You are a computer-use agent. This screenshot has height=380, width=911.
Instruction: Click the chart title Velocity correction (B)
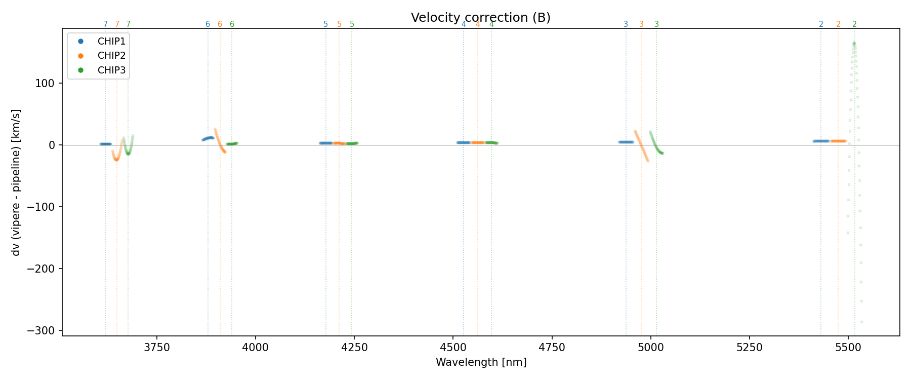(x=480, y=18)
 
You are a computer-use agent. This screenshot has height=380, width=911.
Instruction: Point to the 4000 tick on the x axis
(x=256, y=347)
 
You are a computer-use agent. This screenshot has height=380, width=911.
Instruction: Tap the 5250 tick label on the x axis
(x=750, y=347)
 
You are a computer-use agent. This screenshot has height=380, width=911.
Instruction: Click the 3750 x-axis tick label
(x=157, y=347)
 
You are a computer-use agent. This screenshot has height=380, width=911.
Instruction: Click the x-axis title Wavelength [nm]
(x=481, y=362)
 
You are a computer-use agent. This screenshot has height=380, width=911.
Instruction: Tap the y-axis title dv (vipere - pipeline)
(x=16, y=182)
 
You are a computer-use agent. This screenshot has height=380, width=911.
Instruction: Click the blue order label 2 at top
(x=821, y=24)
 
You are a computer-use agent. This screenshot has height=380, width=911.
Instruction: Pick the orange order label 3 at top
(x=641, y=24)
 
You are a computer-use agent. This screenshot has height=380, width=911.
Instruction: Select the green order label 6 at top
(x=232, y=24)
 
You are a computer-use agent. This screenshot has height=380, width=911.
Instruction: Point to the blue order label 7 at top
(x=105, y=24)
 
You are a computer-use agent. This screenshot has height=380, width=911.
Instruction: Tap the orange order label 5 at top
(x=339, y=24)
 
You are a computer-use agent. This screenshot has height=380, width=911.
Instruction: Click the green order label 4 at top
(x=491, y=24)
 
